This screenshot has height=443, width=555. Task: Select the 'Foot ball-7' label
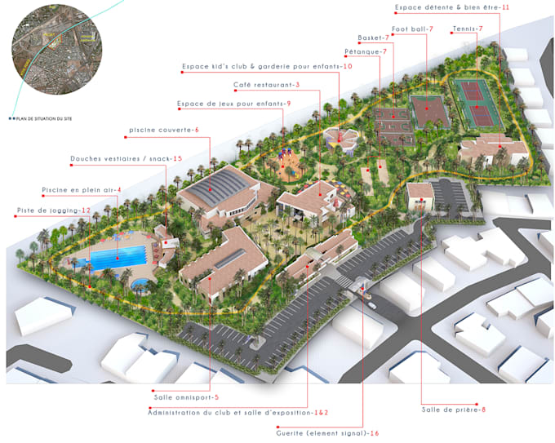click(x=412, y=29)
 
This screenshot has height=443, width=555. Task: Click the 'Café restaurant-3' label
click(x=266, y=85)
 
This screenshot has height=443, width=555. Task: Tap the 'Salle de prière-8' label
click(x=453, y=408)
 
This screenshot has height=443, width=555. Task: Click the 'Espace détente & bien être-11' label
click(x=451, y=7)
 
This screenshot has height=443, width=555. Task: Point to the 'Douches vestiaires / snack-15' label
click(x=126, y=158)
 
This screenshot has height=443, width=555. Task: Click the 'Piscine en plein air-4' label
click(x=82, y=190)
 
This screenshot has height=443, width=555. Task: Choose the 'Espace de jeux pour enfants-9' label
click(x=233, y=103)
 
